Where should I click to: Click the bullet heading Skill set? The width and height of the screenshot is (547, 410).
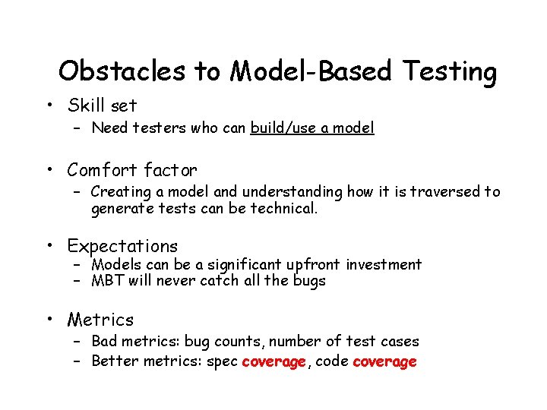[102, 105]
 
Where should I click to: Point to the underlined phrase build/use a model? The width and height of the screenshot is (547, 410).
[311, 128]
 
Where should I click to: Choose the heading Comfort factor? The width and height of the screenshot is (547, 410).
[131, 169]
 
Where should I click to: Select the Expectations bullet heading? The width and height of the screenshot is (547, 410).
[122, 246]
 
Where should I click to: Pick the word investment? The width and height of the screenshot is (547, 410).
[384, 264]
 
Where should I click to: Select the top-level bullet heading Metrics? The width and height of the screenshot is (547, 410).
[100, 320]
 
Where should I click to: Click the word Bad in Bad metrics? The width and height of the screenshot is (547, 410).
[103, 342]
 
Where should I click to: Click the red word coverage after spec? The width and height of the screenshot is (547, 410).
[273, 361]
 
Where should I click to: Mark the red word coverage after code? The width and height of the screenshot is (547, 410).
[384, 361]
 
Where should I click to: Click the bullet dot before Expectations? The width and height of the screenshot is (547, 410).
[49, 246]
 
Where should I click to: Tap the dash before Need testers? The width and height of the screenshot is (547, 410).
[77, 128]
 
